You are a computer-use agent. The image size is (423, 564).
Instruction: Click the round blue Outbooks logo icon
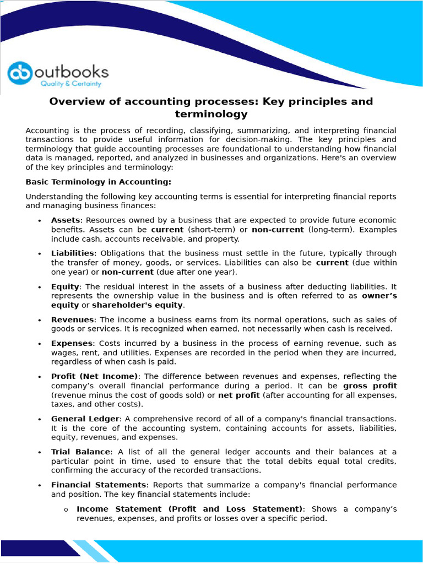point(20,74)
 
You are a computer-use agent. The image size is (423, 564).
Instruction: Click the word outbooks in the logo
point(72,72)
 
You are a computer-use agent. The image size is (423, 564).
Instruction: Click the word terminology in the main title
point(211,115)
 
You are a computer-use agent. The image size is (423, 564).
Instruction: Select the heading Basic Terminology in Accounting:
point(99,182)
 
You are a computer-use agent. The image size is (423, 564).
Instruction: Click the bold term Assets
point(66,220)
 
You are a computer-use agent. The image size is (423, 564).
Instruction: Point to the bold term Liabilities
point(72,253)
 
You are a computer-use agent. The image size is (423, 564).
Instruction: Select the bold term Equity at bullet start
point(65,286)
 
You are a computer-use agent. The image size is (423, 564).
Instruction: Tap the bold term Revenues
point(73,319)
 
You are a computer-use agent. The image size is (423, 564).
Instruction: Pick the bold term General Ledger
point(85,419)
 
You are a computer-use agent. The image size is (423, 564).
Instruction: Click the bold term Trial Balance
point(80,452)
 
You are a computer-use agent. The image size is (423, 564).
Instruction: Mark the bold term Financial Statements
point(99,485)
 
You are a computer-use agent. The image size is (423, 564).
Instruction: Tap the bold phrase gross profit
point(370,386)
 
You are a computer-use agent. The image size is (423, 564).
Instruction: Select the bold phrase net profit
point(239,395)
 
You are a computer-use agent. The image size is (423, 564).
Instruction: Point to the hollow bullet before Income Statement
point(66,509)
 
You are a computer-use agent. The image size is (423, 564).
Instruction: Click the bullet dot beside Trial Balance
point(40,452)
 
